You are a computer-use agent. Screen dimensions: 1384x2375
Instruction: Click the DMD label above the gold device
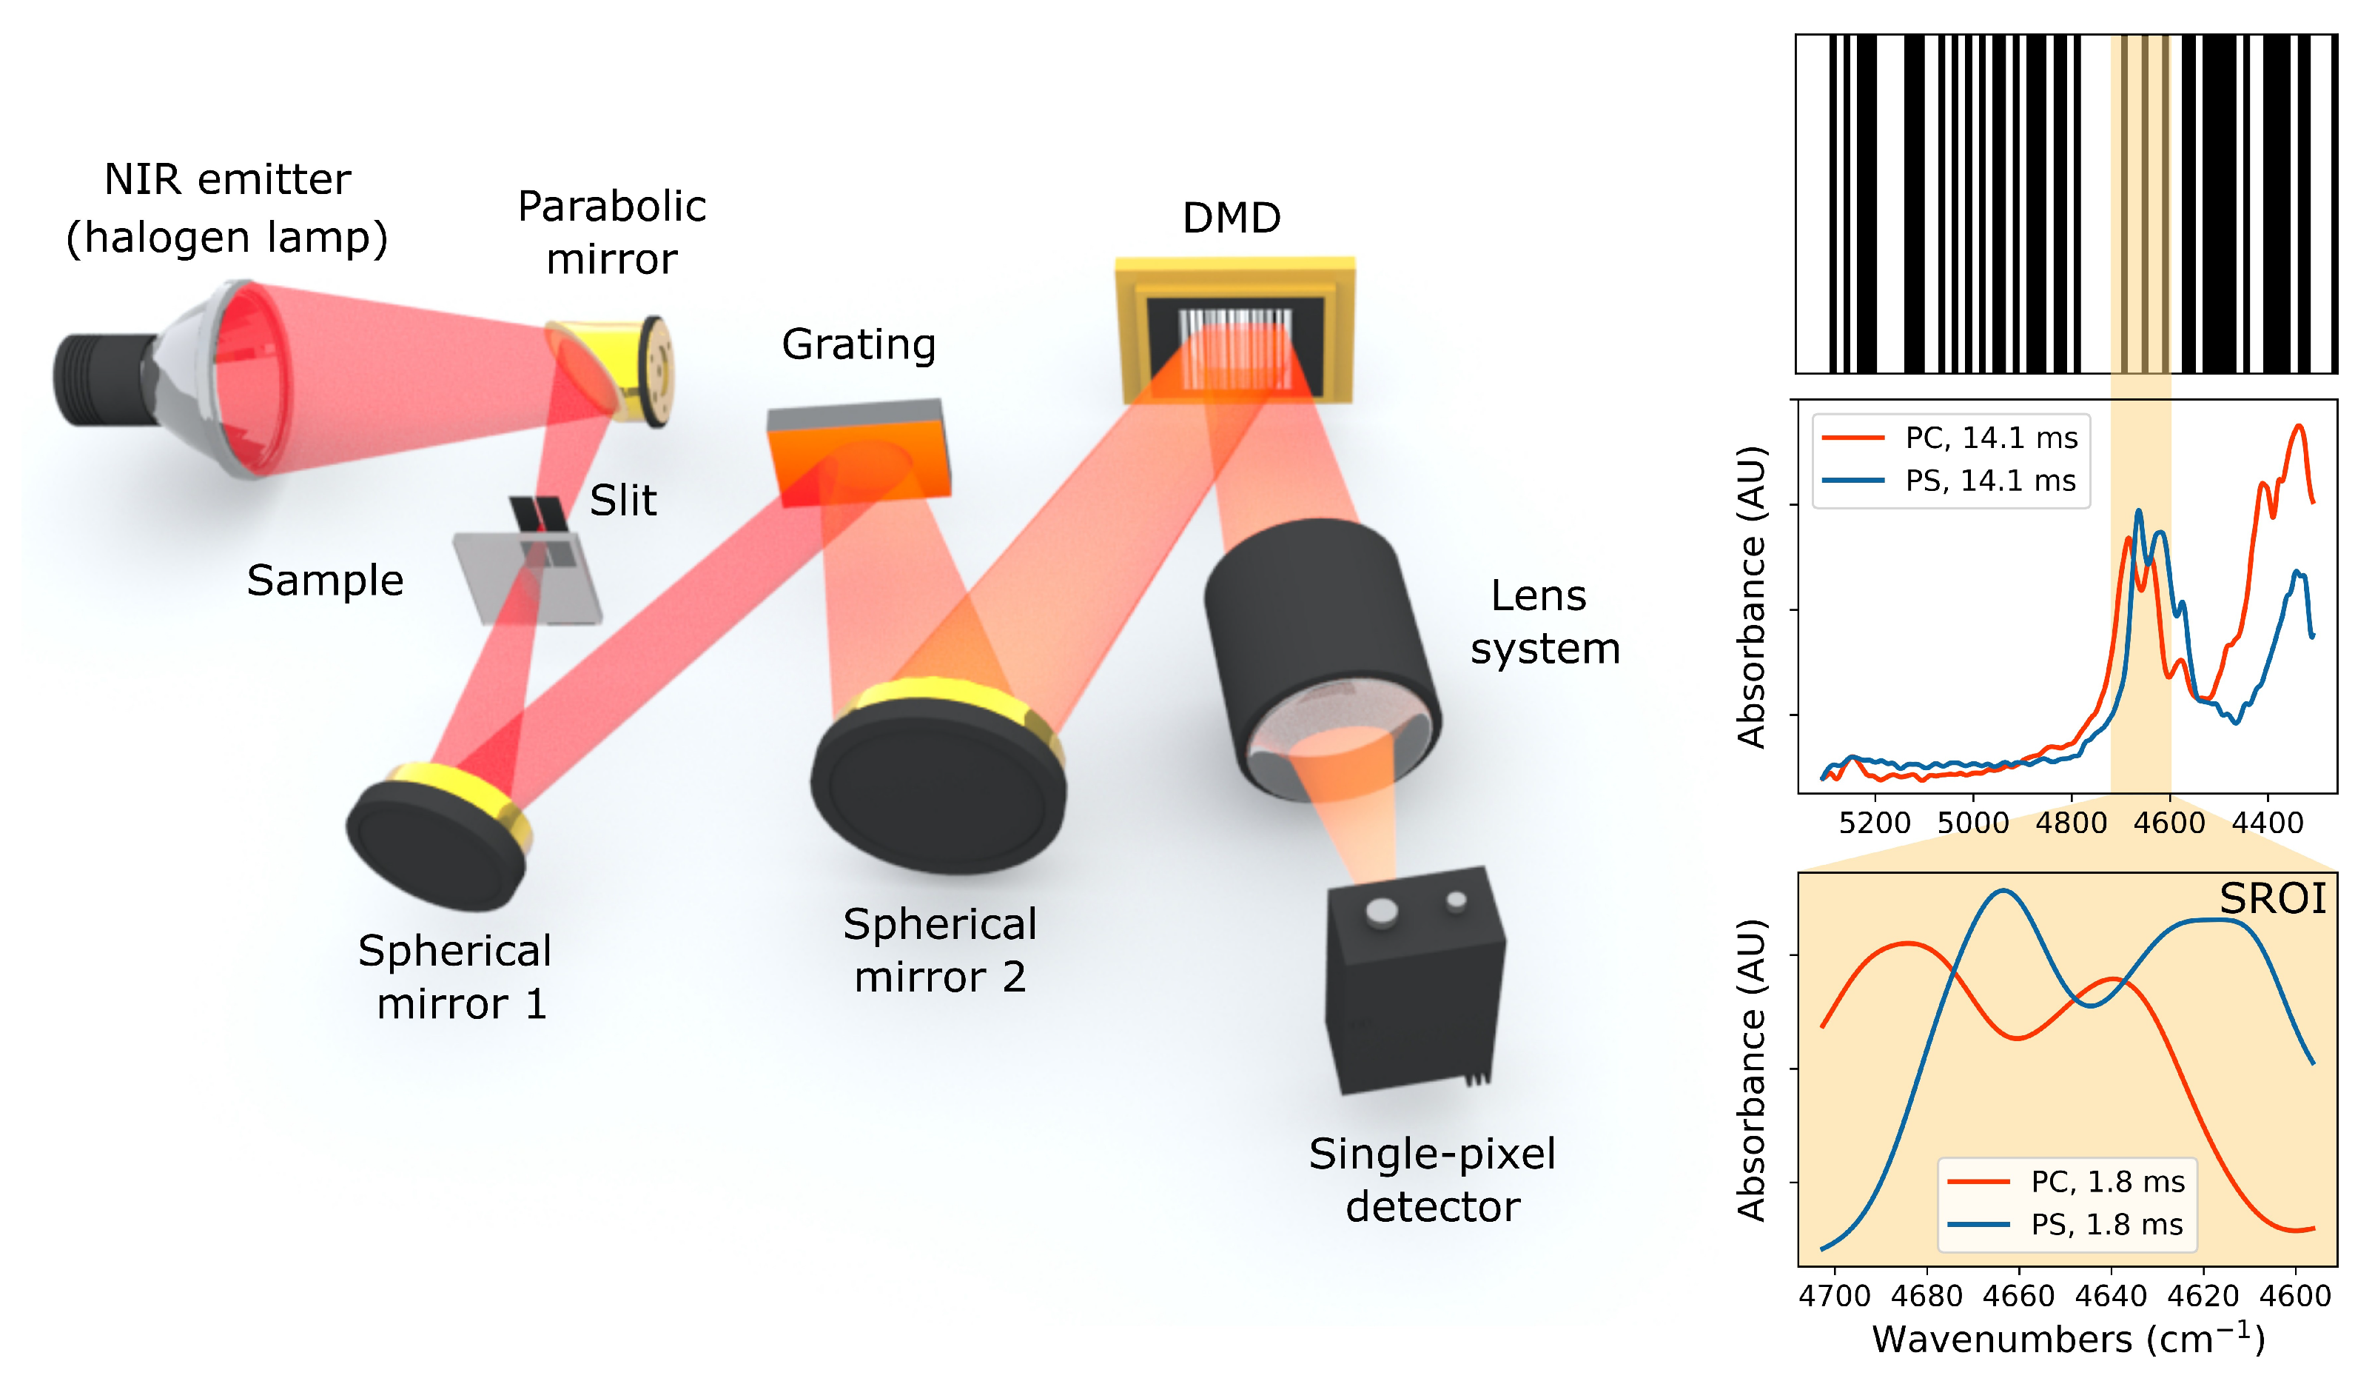tap(1231, 218)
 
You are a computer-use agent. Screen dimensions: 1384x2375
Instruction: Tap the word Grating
tap(859, 344)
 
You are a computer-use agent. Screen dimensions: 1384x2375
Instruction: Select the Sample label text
tap(325, 580)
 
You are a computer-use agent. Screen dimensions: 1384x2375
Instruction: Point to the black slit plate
tap(539, 514)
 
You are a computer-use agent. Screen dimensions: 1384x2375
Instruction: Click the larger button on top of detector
tap(1382, 912)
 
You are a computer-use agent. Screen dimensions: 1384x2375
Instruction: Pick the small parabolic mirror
tap(613, 370)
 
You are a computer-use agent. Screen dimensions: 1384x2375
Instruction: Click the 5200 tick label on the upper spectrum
tap(1875, 823)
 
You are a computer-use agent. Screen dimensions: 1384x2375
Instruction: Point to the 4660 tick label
tap(2018, 1297)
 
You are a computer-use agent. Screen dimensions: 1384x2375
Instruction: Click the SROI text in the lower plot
tap(2272, 898)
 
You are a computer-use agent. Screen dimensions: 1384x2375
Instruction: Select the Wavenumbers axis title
tap(2068, 1340)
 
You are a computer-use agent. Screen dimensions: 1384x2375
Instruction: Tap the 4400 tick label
tap(2268, 823)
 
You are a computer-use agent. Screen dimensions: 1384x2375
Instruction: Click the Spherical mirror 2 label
tap(940, 950)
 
